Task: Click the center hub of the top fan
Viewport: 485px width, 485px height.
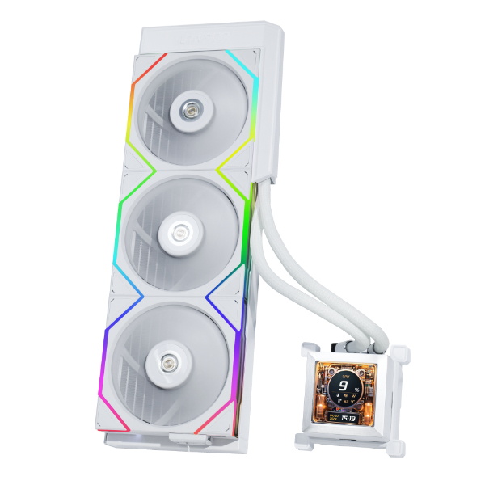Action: point(192,112)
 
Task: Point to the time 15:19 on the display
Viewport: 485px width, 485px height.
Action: point(348,419)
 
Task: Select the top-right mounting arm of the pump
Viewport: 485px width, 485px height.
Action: point(401,352)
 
